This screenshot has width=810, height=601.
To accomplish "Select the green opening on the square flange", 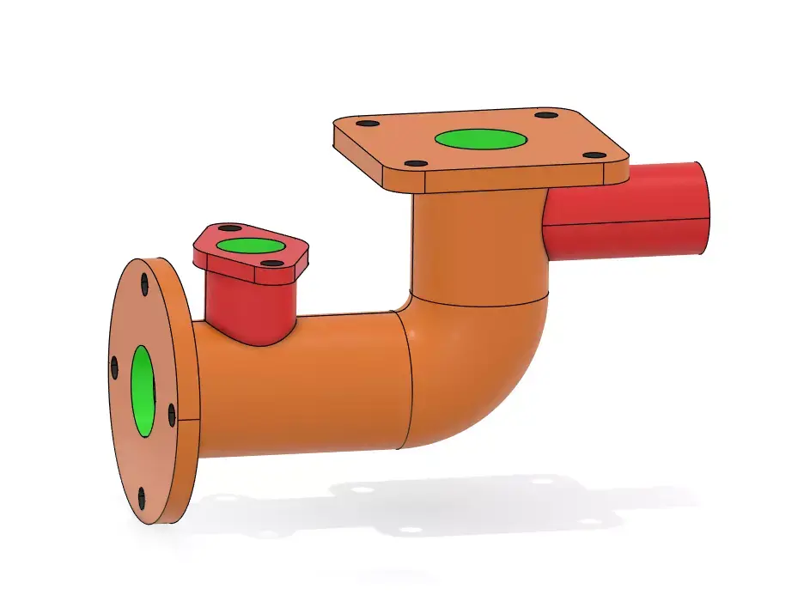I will click(x=480, y=139).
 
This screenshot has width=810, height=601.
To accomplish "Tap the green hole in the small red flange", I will click(x=247, y=246).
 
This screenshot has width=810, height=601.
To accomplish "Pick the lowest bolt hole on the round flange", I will click(x=141, y=496).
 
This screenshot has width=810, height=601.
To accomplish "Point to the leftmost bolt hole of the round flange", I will click(x=114, y=367).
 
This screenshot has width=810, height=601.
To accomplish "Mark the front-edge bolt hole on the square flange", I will click(x=416, y=163).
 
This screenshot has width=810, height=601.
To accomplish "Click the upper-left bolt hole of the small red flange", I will click(x=230, y=229).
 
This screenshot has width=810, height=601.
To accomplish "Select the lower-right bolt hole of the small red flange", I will click(x=271, y=264).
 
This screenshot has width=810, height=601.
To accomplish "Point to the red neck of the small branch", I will click(x=249, y=305).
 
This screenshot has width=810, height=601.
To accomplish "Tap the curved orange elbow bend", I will click(x=481, y=369).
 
